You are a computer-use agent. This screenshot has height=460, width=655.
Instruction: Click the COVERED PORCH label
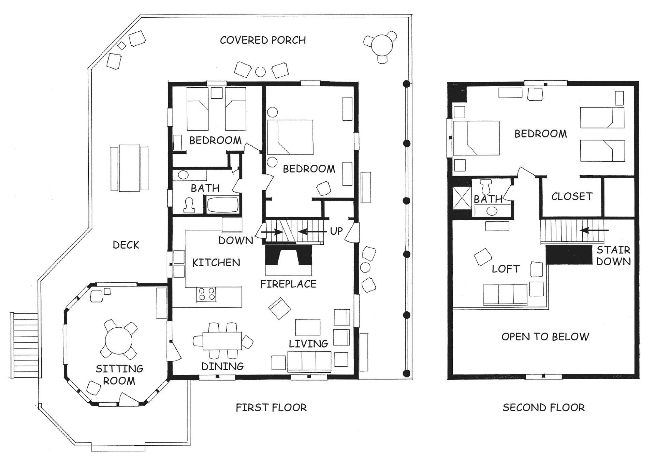tap(263, 40)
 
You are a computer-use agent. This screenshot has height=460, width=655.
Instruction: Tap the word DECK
tap(126, 245)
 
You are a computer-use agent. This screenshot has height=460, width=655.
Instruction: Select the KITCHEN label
tap(216, 263)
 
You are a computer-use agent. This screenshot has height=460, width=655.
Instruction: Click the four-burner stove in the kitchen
tap(206, 294)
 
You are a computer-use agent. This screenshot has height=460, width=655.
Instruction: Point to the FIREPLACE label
tap(288, 284)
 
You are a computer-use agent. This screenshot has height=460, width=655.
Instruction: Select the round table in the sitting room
tap(118, 340)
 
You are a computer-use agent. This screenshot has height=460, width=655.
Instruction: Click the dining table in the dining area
tap(222, 341)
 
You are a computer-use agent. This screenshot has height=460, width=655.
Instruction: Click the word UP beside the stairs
tap(336, 231)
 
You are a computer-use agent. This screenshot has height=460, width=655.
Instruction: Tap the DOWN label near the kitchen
tap(236, 241)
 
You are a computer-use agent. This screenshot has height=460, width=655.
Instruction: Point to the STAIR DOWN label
tap(613, 256)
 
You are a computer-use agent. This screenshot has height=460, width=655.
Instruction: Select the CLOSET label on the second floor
tap(572, 196)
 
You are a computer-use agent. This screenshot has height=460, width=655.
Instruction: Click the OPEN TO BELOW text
tap(545, 337)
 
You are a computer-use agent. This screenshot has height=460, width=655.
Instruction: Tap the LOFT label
tap(506, 269)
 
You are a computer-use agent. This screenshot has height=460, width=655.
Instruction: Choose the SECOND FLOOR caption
tap(544, 407)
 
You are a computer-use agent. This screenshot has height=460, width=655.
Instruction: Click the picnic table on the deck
tap(129, 168)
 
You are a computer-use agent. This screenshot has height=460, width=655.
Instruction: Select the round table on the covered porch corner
tap(380, 46)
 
